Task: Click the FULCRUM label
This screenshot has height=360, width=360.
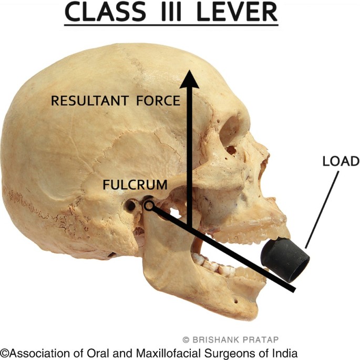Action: [x=135, y=185]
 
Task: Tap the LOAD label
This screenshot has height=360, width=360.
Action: [x=341, y=161]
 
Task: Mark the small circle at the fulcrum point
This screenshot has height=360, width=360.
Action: [x=149, y=206]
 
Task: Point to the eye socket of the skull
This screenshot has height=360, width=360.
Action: [x=231, y=131]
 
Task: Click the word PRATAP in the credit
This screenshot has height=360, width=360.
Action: [x=261, y=340]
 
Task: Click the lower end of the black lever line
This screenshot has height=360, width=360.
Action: [x=292, y=288]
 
